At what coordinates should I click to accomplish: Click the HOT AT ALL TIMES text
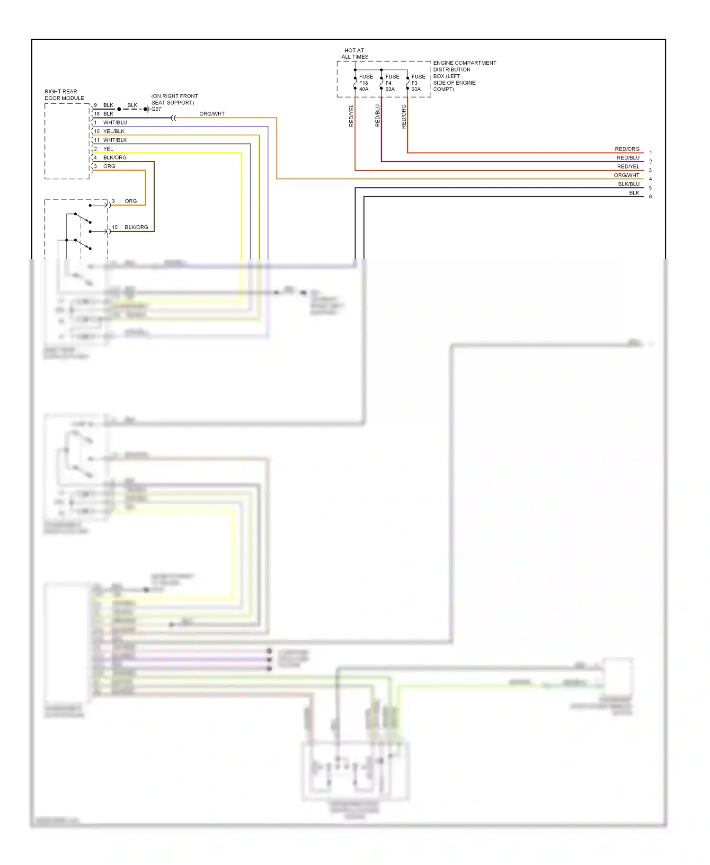point(355,53)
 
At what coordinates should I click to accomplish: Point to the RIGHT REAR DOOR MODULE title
point(64,95)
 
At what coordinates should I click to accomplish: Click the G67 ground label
point(156,109)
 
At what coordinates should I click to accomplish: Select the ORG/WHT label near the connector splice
point(212,114)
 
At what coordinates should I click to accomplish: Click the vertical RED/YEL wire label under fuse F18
point(351,115)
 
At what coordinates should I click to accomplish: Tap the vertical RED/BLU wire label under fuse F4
point(377,115)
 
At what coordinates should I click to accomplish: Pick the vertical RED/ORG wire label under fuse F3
point(403,116)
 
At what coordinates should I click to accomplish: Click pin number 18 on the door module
point(97,114)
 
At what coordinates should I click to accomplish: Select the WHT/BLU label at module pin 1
point(115,123)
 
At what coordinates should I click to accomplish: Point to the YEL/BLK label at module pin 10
point(114,132)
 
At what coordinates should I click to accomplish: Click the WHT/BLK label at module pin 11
point(115,140)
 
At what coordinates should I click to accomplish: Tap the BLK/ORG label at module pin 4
point(115,158)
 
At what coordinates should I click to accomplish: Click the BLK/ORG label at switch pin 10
point(136,228)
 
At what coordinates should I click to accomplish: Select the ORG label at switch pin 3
point(131,201)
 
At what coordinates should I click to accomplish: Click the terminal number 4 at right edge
point(650,179)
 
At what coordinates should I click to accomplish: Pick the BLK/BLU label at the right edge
point(628,184)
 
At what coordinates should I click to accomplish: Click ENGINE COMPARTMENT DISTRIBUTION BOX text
point(464,76)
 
